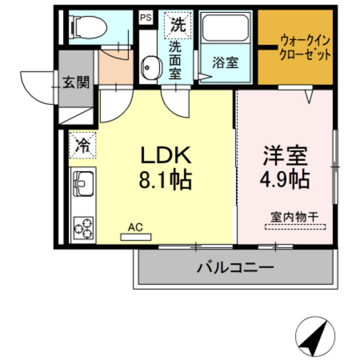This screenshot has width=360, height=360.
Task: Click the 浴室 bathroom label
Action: tap(226, 63)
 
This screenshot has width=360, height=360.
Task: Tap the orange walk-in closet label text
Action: tap(305, 49)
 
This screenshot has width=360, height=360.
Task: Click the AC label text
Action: tap(135, 226)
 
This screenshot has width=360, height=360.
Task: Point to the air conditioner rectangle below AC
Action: tap(136, 236)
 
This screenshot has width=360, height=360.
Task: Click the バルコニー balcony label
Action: tap(236, 267)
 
